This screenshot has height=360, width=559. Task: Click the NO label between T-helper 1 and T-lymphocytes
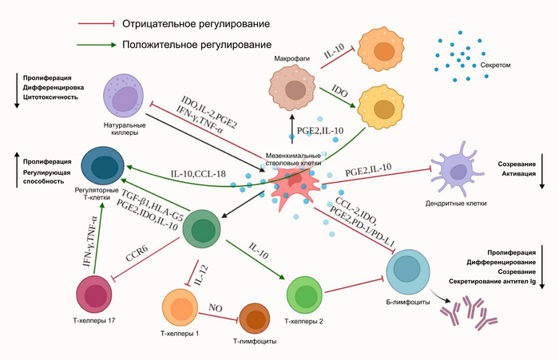tap(214, 307)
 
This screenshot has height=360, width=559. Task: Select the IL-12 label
tap(202, 275)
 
